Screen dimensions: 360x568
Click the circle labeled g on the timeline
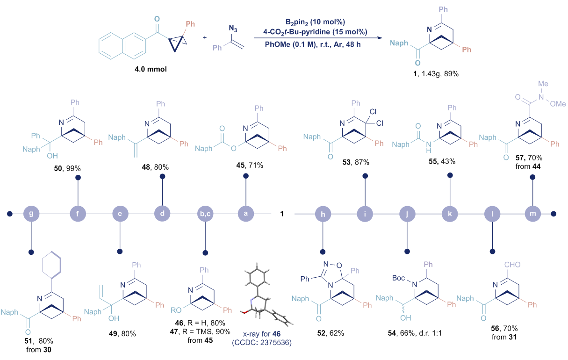(x=31, y=214)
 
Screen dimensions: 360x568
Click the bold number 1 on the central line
(x=282, y=214)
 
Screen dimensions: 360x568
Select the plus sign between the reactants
(x=205, y=37)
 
